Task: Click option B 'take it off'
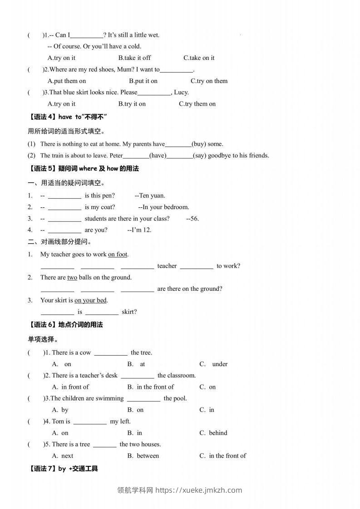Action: [134, 58]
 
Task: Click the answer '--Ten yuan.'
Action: [150, 196]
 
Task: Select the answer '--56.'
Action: [192, 218]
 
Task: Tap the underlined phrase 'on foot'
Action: [118, 254]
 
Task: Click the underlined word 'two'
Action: [72, 277]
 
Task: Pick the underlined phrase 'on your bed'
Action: [91, 300]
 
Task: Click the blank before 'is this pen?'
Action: [64, 196]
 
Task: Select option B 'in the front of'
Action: [151, 387]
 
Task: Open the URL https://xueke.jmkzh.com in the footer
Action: [199, 490]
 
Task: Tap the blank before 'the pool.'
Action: [143, 399]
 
